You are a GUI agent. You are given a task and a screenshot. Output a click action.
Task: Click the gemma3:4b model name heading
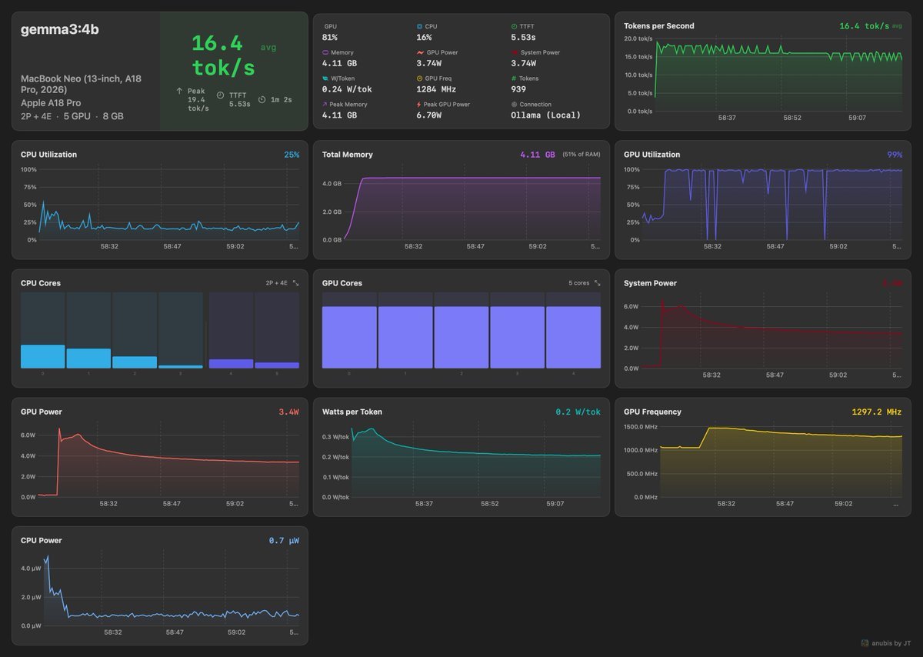59,30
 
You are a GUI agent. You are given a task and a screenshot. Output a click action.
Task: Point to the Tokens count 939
519,88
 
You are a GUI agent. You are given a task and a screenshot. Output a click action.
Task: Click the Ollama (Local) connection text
545,115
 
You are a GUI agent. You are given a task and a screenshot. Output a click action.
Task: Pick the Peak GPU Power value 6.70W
428,115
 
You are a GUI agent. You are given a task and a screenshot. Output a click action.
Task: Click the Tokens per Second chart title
658,25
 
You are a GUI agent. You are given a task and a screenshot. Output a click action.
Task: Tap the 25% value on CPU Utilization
292,155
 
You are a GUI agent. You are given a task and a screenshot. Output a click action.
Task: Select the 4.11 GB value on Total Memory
537,155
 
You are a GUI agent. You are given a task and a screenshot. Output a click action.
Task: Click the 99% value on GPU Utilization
895,155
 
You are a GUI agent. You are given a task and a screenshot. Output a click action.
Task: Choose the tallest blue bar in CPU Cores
42,356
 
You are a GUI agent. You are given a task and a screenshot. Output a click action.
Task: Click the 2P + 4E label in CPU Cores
276,283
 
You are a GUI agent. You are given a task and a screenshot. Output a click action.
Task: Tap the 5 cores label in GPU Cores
578,283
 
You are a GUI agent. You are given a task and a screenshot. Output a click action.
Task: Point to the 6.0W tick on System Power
631,306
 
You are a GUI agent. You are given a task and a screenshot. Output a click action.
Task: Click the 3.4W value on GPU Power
288,412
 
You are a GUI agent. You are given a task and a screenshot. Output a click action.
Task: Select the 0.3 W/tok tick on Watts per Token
335,437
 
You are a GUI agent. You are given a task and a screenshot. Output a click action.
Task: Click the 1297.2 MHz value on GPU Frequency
876,412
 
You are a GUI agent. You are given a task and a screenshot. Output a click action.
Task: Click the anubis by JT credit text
890,643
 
